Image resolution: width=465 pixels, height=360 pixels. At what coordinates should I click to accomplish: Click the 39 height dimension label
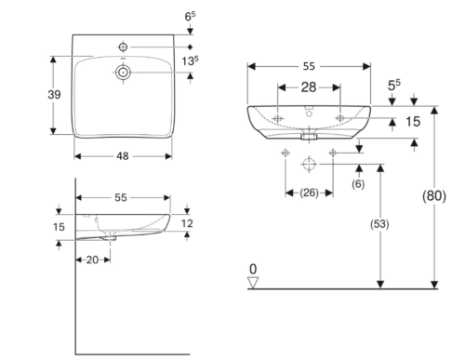coord(54,95)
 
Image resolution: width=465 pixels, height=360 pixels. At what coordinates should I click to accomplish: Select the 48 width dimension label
coord(123,156)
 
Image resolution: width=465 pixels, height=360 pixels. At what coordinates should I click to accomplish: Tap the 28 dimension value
coord(309,87)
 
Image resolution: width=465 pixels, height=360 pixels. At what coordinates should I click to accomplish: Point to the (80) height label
coord(434,196)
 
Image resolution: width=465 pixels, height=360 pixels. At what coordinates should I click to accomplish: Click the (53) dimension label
coord(379,224)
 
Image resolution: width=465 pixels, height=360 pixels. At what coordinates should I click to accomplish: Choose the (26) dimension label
coord(309,193)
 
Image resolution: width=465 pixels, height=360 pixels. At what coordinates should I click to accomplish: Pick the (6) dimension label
coord(358,184)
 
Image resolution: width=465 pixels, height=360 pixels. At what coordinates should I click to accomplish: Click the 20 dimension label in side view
coord(92,260)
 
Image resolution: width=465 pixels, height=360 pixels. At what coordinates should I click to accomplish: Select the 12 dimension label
coord(187,223)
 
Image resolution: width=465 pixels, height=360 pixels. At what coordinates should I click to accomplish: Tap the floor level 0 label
coord(253,269)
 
